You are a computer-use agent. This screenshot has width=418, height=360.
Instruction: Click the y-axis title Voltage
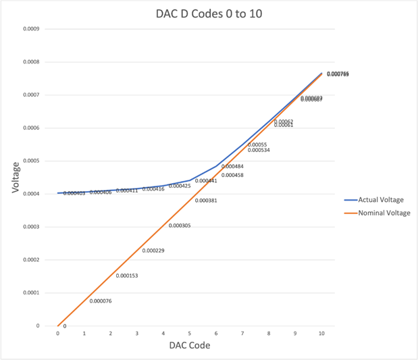coord(15,178)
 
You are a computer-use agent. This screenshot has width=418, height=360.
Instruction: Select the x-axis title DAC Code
coord(189,346)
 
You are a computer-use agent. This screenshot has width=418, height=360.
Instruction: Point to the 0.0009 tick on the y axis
coord(31,29)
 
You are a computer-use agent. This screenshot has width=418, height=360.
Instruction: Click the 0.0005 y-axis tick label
coord(31,161)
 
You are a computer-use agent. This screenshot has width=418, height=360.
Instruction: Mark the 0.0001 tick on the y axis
coord(31,293)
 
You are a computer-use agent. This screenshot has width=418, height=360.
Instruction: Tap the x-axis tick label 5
coord(190,334)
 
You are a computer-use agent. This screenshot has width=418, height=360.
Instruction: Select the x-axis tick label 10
coord(321,334)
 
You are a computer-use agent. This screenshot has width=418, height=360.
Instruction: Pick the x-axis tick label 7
coord(242,334)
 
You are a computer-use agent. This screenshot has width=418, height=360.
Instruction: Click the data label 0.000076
coord(100,301)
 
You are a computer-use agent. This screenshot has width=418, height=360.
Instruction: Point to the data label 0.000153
coord(126,276)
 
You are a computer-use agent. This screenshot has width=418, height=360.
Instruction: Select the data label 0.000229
coord(153,251)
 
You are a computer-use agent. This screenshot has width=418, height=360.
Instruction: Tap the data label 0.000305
coord(179,226)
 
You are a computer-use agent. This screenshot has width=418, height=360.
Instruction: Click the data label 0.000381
coord(205,201)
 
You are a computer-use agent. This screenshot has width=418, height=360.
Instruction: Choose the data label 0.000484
coord(232,166)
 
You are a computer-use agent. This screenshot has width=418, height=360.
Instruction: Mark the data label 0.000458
coord(232,175)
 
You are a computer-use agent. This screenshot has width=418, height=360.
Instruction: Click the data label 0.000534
coord(259,150)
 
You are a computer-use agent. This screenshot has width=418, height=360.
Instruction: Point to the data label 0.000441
coord(205,181)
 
